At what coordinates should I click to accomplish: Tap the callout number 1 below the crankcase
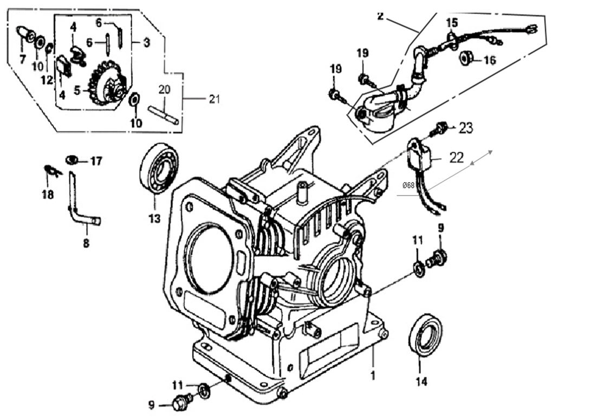click(373, 374)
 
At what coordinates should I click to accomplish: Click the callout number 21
click(215, 99)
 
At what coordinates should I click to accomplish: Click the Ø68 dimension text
click(408, 185)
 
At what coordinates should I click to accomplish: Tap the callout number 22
click(457, 158)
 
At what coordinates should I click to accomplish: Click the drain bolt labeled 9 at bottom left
click(181, 402)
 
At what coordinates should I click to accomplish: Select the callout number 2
click(380, 16)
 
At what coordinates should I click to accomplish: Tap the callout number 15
click(452, 23)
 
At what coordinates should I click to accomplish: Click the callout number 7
click(22, 59)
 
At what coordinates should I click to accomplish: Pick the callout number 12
click(47, 80)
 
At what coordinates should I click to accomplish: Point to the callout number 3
click(146, 42)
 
